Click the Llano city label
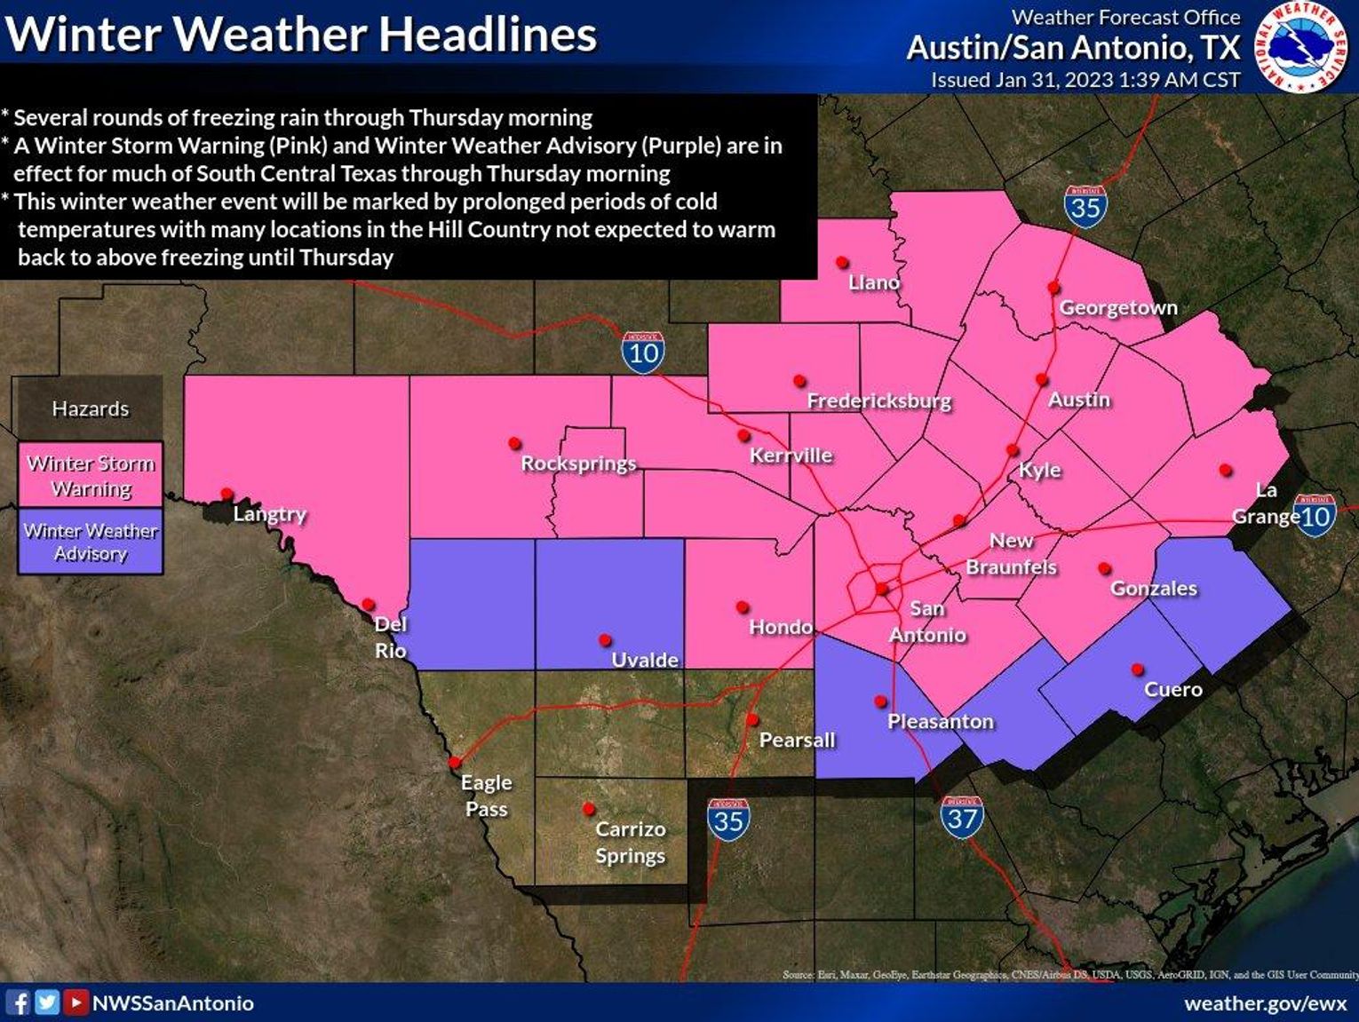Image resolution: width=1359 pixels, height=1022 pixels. tap(874, 282)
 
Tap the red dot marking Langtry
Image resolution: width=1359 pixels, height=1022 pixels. tap(226, 494)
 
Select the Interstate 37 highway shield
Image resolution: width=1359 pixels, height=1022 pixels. tap(963, 817)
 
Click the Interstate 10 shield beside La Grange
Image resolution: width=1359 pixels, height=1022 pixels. tap(1315, 515)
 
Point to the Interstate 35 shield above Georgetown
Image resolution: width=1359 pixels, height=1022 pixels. tap(1085, 207)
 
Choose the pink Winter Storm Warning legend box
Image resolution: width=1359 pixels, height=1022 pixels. tap(91, 476)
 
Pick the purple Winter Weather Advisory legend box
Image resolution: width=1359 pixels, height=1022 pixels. tap(91, 542)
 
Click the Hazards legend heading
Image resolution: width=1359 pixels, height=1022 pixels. tap(91, 408)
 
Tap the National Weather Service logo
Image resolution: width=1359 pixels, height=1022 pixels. tap(1300, 47)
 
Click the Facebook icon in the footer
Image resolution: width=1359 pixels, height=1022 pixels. tap(19, 1003)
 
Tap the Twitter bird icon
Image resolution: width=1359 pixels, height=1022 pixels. tap(47, 1003)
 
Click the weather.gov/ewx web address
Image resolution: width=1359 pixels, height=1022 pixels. tap(1265, 1003)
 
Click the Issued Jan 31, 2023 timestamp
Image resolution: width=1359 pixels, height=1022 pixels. tap(1085, 80)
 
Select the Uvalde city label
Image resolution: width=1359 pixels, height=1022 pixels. tap(645, 660)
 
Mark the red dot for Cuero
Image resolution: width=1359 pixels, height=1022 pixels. tap(1137, 669)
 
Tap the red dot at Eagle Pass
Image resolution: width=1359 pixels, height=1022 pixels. tap(455, 763)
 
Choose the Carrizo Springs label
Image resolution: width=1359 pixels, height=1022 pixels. tap(630, 842)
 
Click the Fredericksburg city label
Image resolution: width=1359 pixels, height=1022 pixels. tap(878, 401)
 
